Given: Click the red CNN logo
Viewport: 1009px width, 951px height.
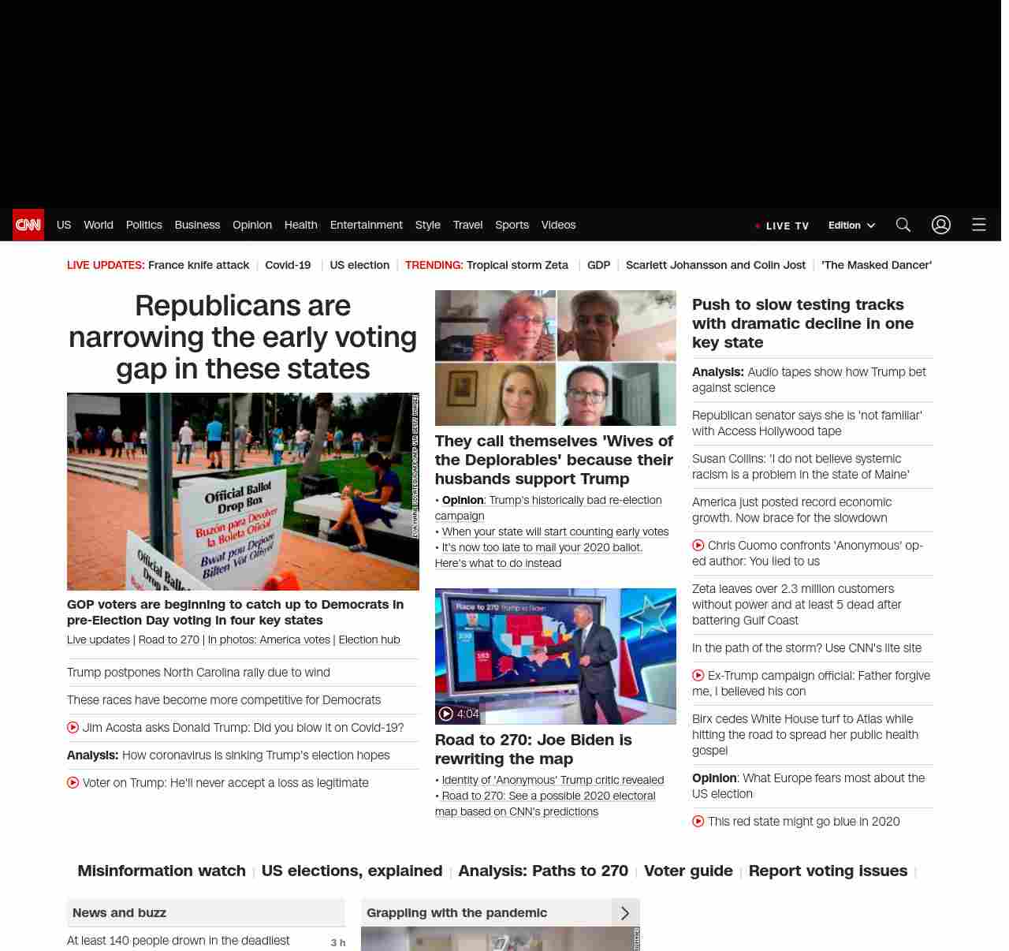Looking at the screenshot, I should [28, 225].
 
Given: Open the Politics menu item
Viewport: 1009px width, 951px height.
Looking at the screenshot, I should [143, 225].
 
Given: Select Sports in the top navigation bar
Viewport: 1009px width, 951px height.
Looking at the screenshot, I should [512, 225].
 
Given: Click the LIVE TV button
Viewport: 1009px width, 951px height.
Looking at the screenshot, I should [782, 226].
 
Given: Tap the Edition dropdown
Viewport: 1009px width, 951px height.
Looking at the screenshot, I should [851, 225].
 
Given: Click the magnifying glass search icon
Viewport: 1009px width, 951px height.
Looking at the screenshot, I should [903, 225].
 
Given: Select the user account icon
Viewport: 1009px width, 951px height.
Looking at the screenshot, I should [941, 225].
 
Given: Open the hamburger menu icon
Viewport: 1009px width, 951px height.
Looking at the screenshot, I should [979, 225].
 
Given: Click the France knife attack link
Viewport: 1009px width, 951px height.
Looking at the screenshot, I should [199, 265].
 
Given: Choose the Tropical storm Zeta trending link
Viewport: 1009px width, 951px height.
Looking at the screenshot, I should [517, 265].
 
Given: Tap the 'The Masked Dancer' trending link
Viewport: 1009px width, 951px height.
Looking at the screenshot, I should [877, 265].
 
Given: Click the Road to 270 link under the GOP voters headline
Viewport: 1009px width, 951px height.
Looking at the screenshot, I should [169, 640].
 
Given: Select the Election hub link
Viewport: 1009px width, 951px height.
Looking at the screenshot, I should [369, 640].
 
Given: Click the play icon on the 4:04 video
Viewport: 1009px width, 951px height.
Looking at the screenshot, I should [446, 714].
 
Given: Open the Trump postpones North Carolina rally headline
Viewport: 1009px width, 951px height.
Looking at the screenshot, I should [199, 673].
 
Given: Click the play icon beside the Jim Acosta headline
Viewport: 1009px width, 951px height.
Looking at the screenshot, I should [73, 727].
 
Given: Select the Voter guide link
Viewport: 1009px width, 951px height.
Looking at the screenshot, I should [688, 871].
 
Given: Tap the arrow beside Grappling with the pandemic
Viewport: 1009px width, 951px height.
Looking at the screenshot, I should [625, 912].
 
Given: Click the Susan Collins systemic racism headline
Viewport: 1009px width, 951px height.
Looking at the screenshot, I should [800, 466].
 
